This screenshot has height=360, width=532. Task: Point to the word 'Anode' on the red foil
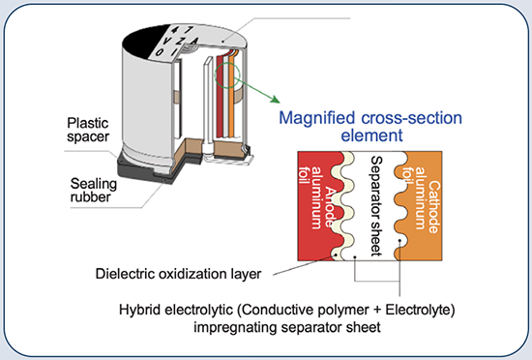(x=331, y=198)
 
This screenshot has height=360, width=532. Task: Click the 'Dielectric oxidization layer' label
(x=181, y=273)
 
